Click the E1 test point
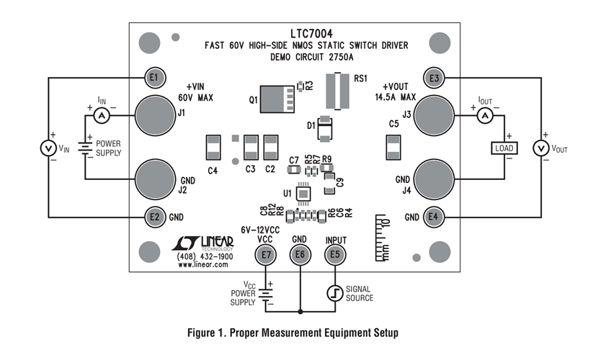pos(153,77)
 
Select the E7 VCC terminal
pos(267,254)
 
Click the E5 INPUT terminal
pos(334,254)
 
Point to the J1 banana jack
pos(153,114)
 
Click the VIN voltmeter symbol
pos(48,148)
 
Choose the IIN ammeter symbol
pos(102,115)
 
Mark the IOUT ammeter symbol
pos(485,115)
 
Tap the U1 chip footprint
pos(304,193)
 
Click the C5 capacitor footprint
pos(393,148)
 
